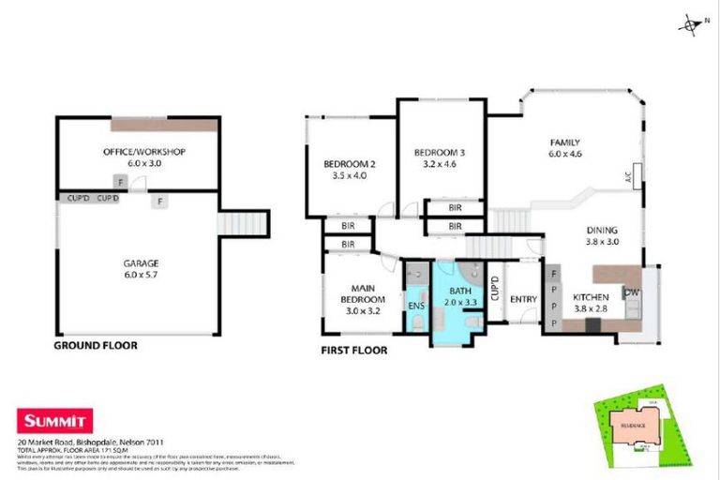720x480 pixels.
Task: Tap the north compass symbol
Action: point(690,24)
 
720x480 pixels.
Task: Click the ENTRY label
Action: point(522,299)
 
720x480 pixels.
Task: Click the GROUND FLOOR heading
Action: point(95,346)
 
